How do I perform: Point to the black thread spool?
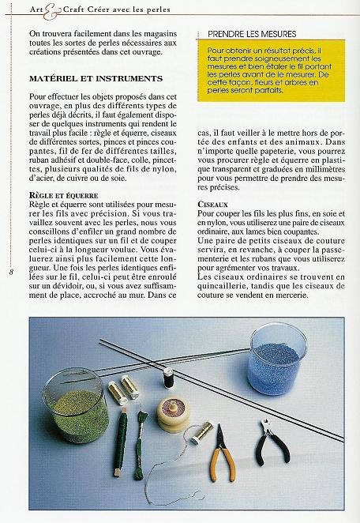tap(168, 378)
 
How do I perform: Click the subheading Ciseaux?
tap(213, 203)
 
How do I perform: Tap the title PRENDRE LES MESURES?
tap(252, 34)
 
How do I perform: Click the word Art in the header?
tap(35, 9)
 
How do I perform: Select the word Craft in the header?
tap(63, 9)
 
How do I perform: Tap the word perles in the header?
tap(155, 9)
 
